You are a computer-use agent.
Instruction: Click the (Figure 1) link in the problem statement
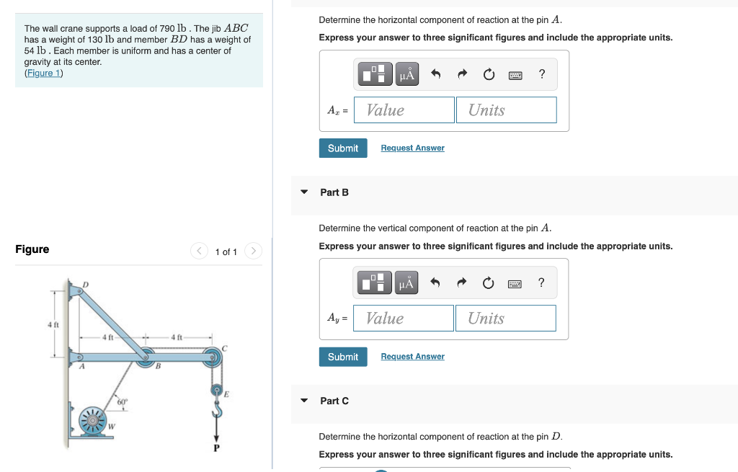pyautogui.click(x=43, y=73)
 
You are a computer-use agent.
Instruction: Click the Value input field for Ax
pyautogui.click(x=404, y=110)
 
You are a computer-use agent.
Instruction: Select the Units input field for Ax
pyautogui.click(x=506, y=110)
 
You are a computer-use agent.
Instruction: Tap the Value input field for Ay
pyautogui.click(x=404, y=319)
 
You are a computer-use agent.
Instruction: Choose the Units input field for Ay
pyautogui.click(x=505, y=319)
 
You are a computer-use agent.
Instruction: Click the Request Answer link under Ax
pyautogui.click(x=412, y=148)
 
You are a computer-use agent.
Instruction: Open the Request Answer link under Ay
pyautogui.click(x=412, y=357)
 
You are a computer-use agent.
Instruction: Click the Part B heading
pyautogui.click(x=334, y=192)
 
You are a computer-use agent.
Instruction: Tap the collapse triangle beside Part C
pyautogui.click(x=304, y=401)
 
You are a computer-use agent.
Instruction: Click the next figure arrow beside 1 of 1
pyautogui.click(x=253, y=251)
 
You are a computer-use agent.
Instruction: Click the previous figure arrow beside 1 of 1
pyautogui.click(x=199, y=251)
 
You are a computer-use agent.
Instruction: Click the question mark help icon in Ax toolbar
pyautogui.click(x=542, y=74)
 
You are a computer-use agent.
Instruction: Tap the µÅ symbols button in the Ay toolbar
pyautogui.click(x=406, y=283)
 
